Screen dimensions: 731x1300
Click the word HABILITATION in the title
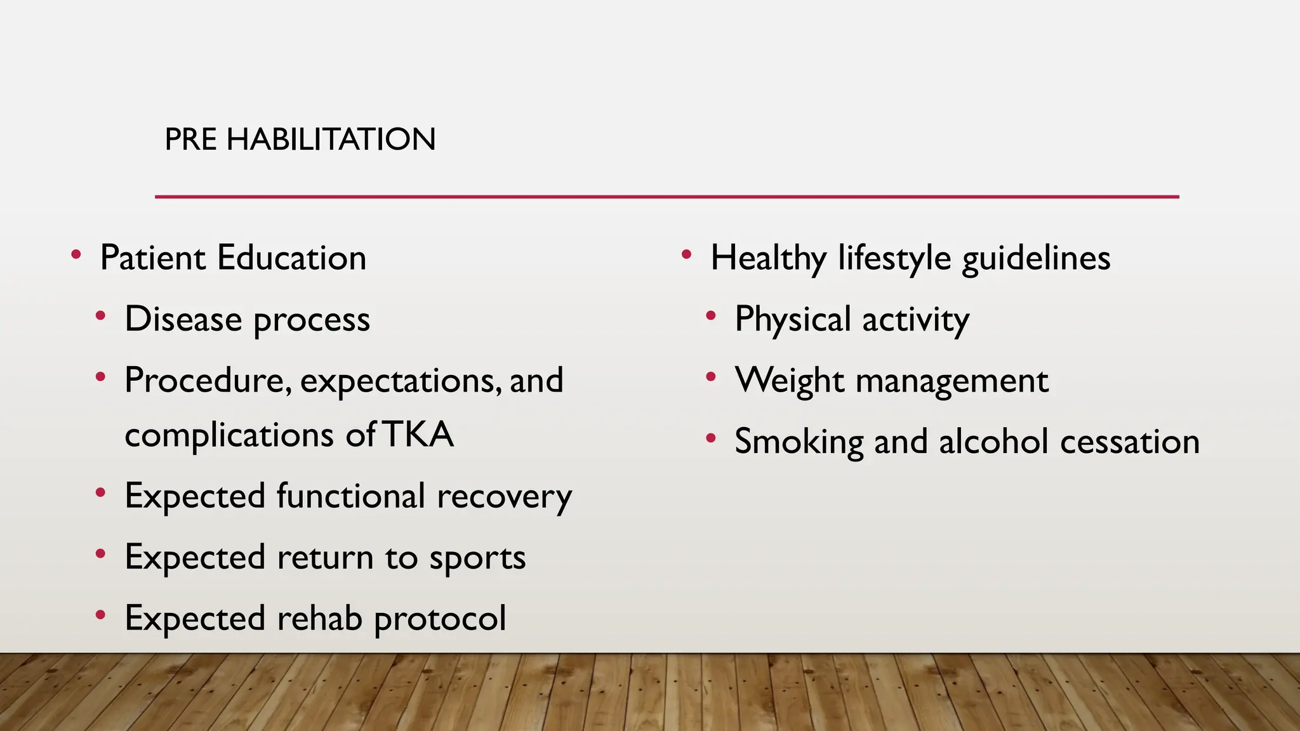331,139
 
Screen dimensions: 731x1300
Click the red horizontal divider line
667,197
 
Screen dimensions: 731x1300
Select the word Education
291,258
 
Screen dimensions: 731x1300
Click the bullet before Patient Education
76,255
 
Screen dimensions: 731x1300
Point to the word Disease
183,319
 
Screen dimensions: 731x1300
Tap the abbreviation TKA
418,435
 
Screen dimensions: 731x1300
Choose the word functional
350,496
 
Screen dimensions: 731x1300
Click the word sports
477,558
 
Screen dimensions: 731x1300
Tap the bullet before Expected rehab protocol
100,615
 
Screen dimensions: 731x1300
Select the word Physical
792,319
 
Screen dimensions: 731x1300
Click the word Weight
789,381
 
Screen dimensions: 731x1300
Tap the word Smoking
799,442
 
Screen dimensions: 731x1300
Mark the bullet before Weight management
711,378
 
